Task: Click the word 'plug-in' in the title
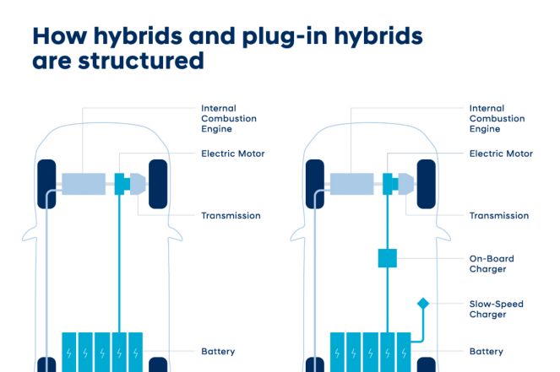(285, 37)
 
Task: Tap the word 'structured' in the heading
(141, 61)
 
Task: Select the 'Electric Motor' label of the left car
(233, 154)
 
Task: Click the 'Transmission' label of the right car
(499, 215)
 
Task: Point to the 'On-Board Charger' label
(492, 263)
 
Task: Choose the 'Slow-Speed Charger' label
(496, 309)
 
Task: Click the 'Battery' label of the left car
(218, 352)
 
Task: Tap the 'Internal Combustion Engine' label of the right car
(497, 118)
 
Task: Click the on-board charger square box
(388, 258)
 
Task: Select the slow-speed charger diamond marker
(423, 304)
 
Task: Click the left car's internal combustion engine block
(84, 184)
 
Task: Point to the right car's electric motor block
(390, 184)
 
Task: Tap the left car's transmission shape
(138, 184)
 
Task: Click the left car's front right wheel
(158, 184)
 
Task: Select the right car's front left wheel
(315, 184)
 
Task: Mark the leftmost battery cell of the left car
(69, 353)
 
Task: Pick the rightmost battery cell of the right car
(404, 353)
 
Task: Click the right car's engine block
(351, 184)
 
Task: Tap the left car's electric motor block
(122, 184)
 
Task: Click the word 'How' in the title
(60, 35)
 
